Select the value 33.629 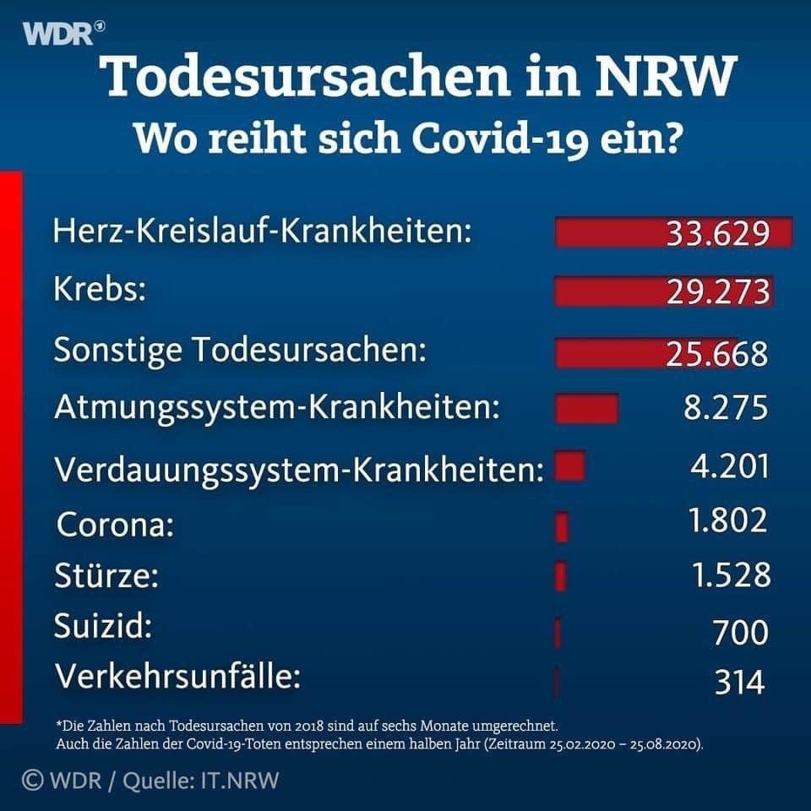click(717, 233)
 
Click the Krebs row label click(101, 290)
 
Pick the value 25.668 click(717, 353)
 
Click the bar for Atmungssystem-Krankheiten click(587, 407)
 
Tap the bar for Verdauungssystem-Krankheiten click(570, 465)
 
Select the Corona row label click(115, 526)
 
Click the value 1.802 click(728, 520)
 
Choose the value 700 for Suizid click(741, 632)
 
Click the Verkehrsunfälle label click(177, 678)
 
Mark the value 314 click(740, 682)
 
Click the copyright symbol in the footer click(32, 779)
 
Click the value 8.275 click(726, 409)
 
